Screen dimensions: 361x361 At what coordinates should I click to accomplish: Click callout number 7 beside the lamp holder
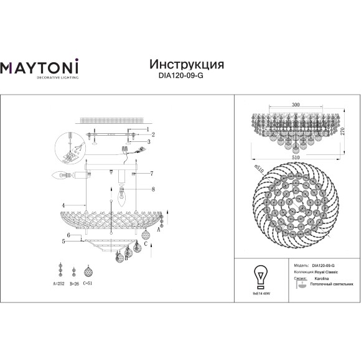[151, 172]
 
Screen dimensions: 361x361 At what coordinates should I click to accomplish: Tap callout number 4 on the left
[64, 205]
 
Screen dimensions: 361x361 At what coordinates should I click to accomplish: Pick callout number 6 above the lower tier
[68, 235]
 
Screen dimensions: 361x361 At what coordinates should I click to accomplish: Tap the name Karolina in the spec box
[321, 279]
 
